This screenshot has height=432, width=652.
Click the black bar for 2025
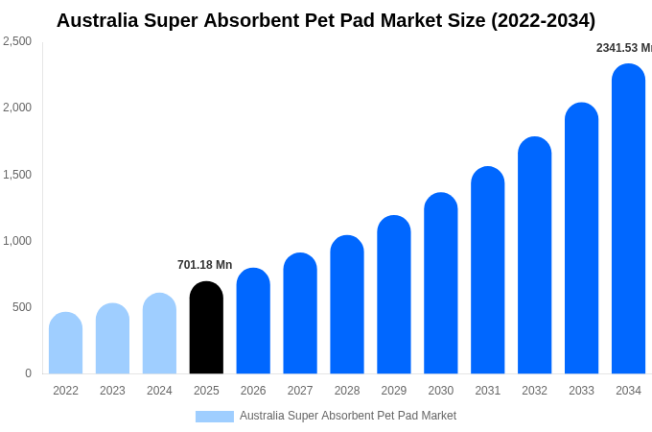(206, 327)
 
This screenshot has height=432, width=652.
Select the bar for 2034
(628, 219)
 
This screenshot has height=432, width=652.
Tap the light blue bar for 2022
(66, 343)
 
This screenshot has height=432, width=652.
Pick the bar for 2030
(441, 283)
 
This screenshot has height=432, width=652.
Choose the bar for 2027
(300, 313)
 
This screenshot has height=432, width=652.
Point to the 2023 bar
(113, 338)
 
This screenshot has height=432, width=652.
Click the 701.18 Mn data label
(204, 265)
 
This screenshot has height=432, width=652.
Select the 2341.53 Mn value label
(624, 48)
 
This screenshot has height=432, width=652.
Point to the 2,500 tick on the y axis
(17, 41)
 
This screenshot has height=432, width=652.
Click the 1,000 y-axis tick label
(17, 241)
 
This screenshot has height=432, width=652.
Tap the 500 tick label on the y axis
(22, 307)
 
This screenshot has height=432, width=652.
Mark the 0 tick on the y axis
(28, 373)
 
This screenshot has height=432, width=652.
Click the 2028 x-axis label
(347, 391)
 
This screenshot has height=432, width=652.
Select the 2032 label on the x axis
(535, 391)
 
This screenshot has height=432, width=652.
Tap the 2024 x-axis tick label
(159, 391)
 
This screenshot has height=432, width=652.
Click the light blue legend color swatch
(215, 417)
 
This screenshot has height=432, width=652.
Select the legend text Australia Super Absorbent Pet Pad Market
(348, 416)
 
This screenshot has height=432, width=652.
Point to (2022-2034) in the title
(543, 20)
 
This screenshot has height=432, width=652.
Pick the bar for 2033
(581, 238)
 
